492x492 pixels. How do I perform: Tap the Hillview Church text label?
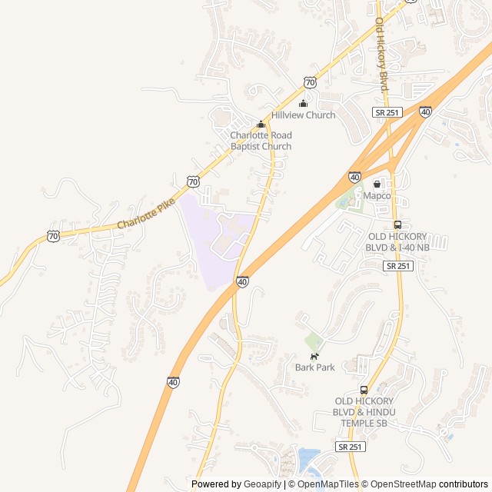coord(304,115)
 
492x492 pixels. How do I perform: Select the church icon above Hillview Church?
coord(303,104)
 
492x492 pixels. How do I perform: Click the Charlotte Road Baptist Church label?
coord(261,141)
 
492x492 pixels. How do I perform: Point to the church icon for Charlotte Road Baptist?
coord(261,125)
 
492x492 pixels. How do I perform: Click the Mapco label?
coord(377,196)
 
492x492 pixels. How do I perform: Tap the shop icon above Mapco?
coord(377,184)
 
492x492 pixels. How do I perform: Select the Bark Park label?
coord(315,367)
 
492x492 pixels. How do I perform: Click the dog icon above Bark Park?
coord(314,356)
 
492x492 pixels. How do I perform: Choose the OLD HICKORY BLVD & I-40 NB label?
coord(398,242)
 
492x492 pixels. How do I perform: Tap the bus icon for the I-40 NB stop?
coord(397,225)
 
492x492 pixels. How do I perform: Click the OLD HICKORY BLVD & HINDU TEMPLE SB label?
coord(364,412)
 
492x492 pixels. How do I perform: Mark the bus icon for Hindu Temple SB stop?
coord(364,390)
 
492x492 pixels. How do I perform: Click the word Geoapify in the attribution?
coord(263,484)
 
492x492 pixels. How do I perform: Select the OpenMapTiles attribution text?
coord(327,484)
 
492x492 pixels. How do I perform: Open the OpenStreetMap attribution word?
coord(404,484)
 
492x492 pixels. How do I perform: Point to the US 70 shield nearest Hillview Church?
coord(309,81)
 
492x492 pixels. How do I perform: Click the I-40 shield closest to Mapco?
coord(354,177)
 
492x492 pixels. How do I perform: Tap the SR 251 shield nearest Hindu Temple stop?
coord(351,447)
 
